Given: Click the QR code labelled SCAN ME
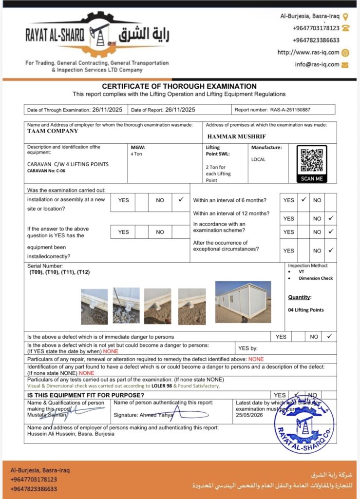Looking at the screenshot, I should tap(312, 161).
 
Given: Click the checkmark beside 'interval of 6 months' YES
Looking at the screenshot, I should tap(303, 200).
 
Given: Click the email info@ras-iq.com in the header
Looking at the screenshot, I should tap(317, 64).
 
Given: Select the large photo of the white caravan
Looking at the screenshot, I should tap(243, 302).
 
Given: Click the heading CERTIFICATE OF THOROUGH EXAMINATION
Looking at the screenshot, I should tap(179, 86).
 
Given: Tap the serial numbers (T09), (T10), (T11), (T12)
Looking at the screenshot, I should tap(59, 272).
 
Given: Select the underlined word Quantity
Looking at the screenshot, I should tap(299, 297).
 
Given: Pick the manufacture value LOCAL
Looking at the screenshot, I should tap(258, 159).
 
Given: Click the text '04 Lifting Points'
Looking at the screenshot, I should tap(306, 310).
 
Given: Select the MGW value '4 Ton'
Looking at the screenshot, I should tap(136, 154).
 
